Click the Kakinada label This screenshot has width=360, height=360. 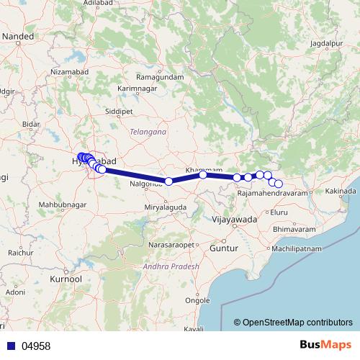[x=341, y=191]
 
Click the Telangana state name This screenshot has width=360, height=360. [x=148, y=132]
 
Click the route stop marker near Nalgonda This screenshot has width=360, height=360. [x=168, y=181]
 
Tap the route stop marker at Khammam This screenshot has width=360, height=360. [x=203, y=174]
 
